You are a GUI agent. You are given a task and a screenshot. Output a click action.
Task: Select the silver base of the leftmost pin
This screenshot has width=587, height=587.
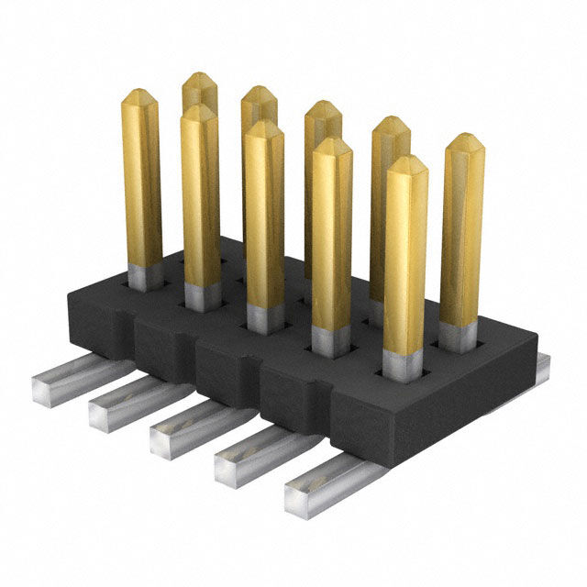pyautogui.click(x=144, y=276)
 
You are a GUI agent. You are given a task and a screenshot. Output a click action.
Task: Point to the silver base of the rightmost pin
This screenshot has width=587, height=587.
pyautogui.click(x=456, y=338)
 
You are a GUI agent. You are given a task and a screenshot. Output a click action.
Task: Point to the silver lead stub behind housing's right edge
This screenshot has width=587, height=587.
pyautogui.click(x=543, y=367)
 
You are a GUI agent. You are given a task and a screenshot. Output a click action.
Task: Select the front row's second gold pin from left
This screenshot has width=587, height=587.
pyautogui.click(x=200, y=202)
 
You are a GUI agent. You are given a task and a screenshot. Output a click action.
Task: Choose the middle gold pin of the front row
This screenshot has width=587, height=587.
pyautogui.click(x=263, y=220)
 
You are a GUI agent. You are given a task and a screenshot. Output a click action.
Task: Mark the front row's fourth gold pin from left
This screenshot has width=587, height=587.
pyautogui.click(x=331, y=238)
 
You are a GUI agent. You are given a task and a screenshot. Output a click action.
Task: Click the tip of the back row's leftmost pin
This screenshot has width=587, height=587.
pyautogui.click(x=199, y=80)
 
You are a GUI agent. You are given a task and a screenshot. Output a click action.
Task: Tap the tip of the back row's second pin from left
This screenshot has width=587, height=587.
pyautogui.click(x=260, y=94)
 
